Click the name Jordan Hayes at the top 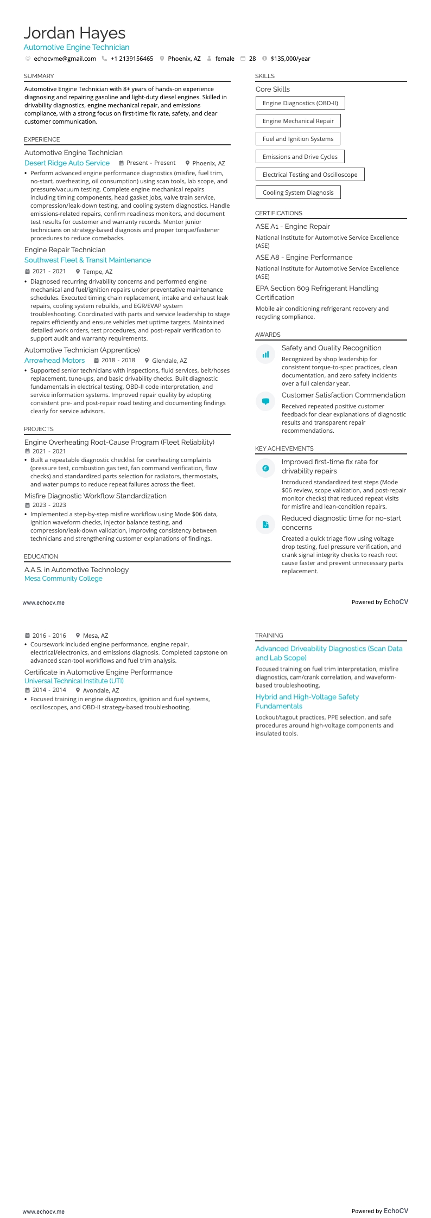coord(74,33)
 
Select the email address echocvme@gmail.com coord(65,59)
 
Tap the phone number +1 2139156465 coord(132,59)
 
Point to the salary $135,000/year coord(290,59)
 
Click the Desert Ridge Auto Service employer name coord(67,163)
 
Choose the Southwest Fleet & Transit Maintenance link coord(87,260)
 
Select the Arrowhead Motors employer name coord(54,360)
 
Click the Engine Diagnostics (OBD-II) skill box coord(300,103)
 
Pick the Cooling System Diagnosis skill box coord(298,193)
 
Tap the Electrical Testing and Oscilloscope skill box coord(310,175)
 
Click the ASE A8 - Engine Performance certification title coord(304,258)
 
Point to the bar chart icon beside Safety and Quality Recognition coord(265,355)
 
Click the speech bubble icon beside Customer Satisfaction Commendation coord(265,402)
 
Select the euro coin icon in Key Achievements coord(265,469)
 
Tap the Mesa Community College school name coord(63,579)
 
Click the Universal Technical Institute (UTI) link coord(74,681)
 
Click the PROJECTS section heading coord(39,429)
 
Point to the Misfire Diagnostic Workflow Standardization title coord(96,496)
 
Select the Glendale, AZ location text coord(169,361)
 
